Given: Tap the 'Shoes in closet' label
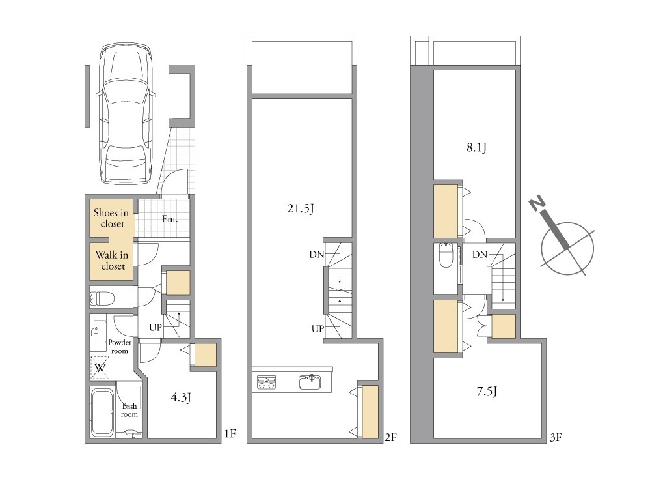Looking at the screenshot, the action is (x=111, y=218).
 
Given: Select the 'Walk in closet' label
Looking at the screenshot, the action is (x=112, y=261).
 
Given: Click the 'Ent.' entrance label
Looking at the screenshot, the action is (x=170, y=219).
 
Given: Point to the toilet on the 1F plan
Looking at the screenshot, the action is (x=102, y=298).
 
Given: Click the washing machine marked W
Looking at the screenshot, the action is (x=100, y=367).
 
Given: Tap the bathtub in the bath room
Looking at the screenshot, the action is (x=102, y=412).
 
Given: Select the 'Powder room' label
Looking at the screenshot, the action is (x=120, y=347).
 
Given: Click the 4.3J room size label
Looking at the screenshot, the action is (x=181, y=398).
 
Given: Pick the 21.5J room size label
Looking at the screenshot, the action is (x=301, y=208).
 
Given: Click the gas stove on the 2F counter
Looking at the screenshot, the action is (x=266, y=382).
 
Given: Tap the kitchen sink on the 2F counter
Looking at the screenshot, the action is (x=310, y=382).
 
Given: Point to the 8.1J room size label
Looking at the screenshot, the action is (x=477, y=147).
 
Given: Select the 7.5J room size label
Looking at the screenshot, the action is (x=487, y=392).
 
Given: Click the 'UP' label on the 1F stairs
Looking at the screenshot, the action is (x=156, y=328).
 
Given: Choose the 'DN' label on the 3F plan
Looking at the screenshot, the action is (x=480, y=254).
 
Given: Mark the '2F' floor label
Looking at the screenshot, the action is (x=390, y=437).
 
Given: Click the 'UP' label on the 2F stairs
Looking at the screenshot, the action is (x=318, y=328).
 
